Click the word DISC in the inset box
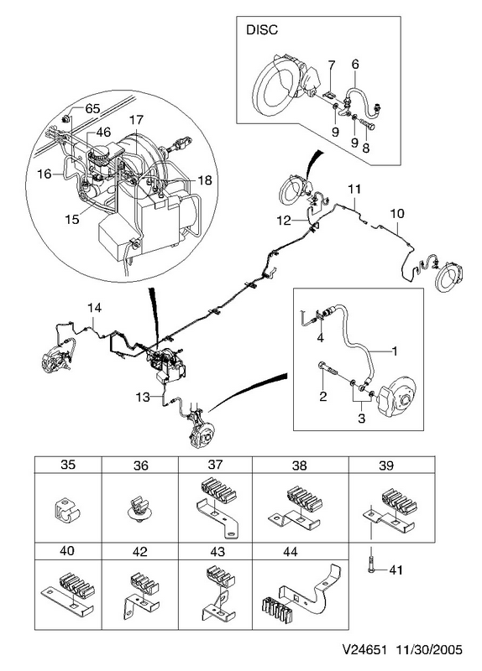click(x=262, y=30)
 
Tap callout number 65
click(x=92, y=109)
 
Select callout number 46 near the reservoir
click(x=103, y=132)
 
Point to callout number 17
click(x=136, y=120)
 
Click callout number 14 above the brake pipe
click(x=94, y=308)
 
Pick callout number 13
click(x=143, y=397)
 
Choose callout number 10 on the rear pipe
click(x=397, y=213)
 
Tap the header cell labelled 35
click(x=68, y=465)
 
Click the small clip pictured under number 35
click(x=67, y=508)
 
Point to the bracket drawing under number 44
click(x=302, y=590)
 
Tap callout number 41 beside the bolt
click(x=396, y=570)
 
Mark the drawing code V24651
click(x=364, y=650)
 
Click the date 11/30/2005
click(x=429, y=650)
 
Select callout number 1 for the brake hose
click(x=395, y=351)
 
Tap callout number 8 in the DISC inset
click(x=365, y=148)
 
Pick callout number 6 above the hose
click(x=355, y=65)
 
